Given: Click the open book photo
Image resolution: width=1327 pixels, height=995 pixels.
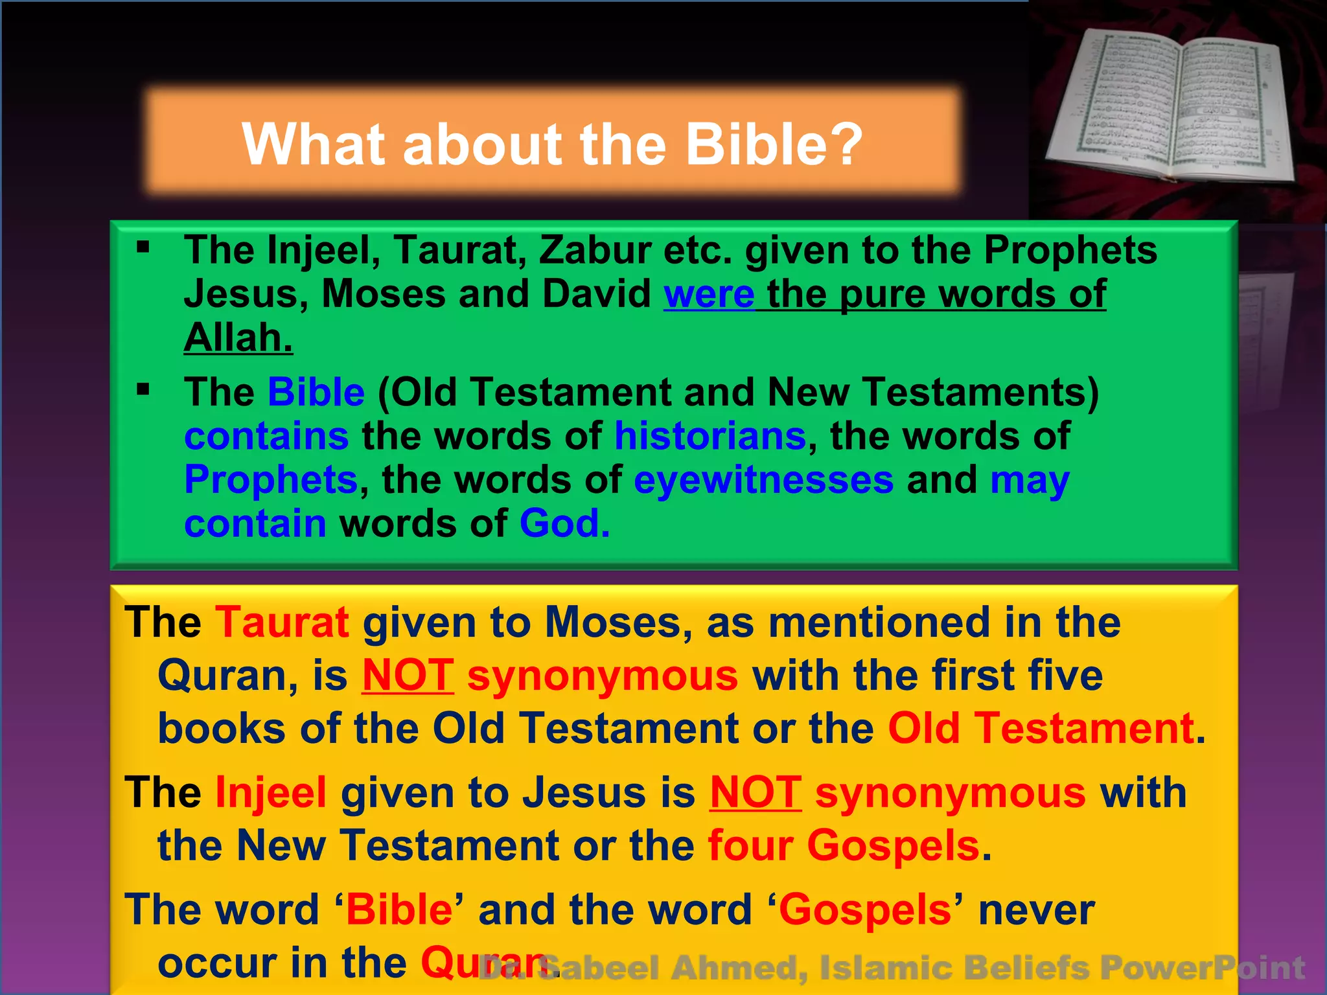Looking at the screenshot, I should [x=1166, y=107].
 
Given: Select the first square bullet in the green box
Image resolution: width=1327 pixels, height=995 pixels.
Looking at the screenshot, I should [x=143, y=247].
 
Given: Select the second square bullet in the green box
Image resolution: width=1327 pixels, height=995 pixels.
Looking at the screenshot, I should [x=143, y=389].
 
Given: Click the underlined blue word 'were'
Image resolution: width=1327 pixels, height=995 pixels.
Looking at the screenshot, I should [x=709, y=295].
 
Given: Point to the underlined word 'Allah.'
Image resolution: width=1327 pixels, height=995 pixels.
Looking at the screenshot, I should [x=238, y=338].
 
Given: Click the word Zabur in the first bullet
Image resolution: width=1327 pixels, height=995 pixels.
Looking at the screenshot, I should [x=594, y=250].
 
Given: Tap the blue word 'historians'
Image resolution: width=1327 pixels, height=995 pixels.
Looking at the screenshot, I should [x=710, y=436].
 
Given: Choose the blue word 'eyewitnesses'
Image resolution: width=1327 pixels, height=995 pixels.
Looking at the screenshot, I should [x=763, y=480].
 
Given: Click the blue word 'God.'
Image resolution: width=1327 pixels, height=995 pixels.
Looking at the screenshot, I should [x=564, y=523].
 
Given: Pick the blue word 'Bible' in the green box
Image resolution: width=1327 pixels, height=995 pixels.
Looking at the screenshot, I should [x=316, y=393].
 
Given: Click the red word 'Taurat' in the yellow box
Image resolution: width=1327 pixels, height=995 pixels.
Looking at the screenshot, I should [x=282, y=623].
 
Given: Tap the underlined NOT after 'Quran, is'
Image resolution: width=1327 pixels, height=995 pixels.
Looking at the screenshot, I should [x=408, y=676].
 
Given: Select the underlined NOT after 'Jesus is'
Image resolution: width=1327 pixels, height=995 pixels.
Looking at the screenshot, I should [x=756, y=793].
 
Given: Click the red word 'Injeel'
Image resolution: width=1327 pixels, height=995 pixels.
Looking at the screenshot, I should [x=271, y=793].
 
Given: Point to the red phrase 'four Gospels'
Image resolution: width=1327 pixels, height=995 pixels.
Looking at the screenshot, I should [x=844, y=846].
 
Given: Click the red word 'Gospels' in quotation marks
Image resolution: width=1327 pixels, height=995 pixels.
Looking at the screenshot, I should [x=864, y=910].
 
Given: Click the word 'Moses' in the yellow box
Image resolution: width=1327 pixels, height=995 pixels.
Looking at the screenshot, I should [x=614, y=623].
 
